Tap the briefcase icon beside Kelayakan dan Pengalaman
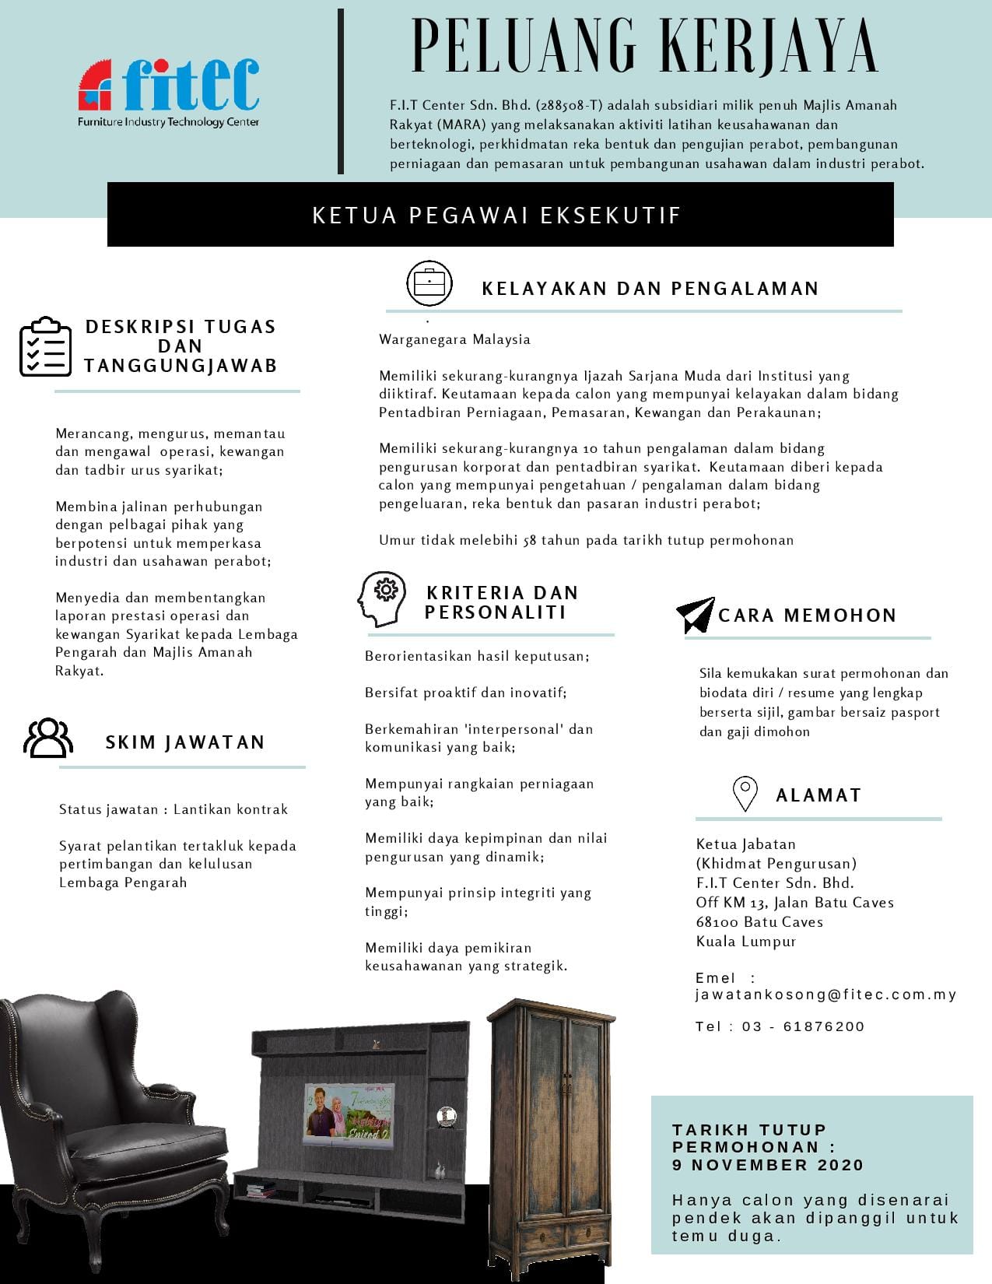pyautogui.click(x=429, y=283)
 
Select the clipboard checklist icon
pyautogui.click(x=45, y=347)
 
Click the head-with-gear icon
pyautogui.click(x=381, y=598)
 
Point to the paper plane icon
pyautogui.click(x=695, y=615)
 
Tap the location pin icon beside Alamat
pyautogui.click(x=745, y=794)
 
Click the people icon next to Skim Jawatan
pyautogui.click(x=48, y=738)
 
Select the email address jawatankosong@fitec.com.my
pyautogui.click(x=825, y=995)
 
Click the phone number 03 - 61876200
pyautogui.click(x=803, y=1026)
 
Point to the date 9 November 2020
pyautogui.click(x=768, y=1165)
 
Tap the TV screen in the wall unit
pyautogui.click(x=349, y=1114)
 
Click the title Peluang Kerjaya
pyautogui.click(x=644, y=47)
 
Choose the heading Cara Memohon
pyautogui.click(x=807, y=616)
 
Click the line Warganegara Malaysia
pyautogui.click(x=454, y=339)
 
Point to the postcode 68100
pyautogui.click(x=717, y=922)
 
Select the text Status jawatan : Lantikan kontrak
pyautogui.click(x=174, y=809)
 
